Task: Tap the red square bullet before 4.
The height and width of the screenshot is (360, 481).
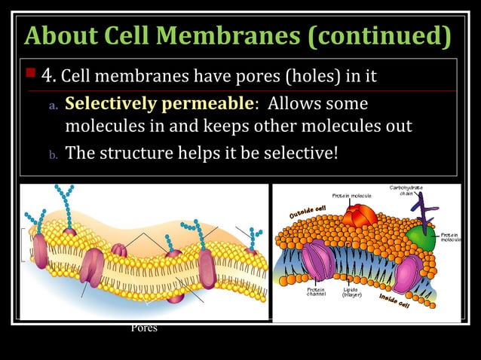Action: pos(31,74)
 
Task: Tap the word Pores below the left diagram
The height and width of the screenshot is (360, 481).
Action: pos(144,328)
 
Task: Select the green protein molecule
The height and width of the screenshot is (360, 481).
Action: pos(421,239)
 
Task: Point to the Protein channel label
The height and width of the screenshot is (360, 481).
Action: pos(316,291)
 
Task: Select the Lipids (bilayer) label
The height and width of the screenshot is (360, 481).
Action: pos(352,291)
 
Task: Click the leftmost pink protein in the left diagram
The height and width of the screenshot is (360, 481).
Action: pos(40,251)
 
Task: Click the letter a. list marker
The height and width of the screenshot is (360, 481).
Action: pos(53,105)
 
